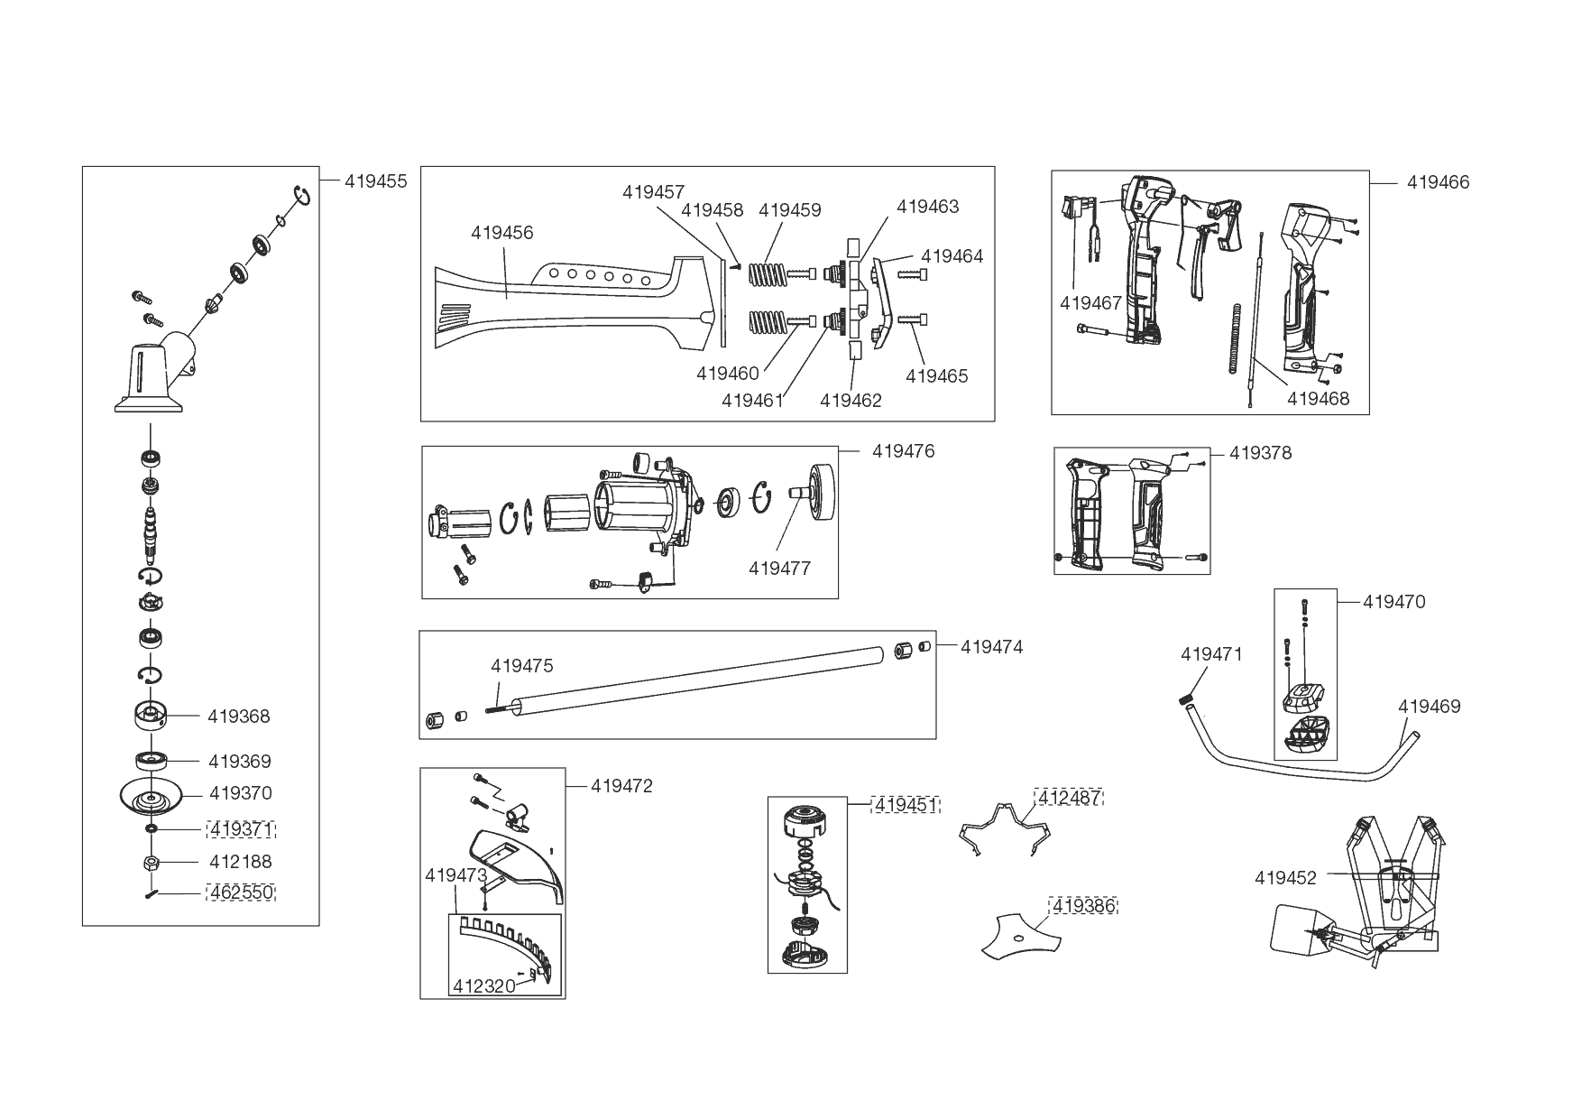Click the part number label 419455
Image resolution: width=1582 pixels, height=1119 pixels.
click(375, 181)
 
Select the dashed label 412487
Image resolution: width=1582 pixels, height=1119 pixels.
click(1070, 798)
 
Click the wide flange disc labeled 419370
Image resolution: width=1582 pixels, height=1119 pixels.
click(151, 795)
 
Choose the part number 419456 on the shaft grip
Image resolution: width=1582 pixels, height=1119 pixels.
click(501, 233)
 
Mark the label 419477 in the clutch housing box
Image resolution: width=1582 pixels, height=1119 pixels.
click(779, 569)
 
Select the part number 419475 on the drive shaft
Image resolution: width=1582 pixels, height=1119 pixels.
click(521, 666)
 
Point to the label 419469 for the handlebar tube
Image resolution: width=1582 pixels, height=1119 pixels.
click(1429, 707)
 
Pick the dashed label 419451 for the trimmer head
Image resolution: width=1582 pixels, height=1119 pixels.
click(906, 805)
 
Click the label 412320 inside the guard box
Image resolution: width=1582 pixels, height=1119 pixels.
click(483, 986)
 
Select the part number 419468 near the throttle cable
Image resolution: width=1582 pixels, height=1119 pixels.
click(1318, 398)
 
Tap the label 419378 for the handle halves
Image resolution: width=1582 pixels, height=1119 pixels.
click(1260, 453)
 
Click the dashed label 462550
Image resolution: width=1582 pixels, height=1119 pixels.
click(241, 893)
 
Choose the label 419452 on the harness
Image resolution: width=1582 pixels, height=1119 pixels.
click(1285, 878)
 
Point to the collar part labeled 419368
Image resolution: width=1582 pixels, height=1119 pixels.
click(149, 717)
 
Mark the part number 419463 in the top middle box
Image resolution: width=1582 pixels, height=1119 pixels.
click(927, 207)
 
